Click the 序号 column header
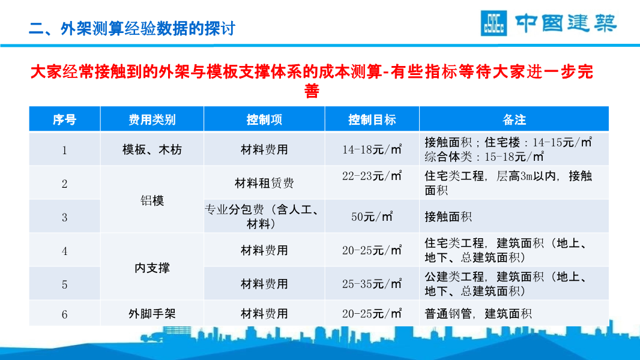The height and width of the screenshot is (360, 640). [x=64, y=119]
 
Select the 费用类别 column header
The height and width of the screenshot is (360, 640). [x=152, y=119]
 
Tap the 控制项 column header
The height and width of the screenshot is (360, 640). [x=264, y=119]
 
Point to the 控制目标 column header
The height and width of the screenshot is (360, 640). [x=372, y=119]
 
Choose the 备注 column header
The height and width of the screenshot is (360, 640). [x=514, y=119]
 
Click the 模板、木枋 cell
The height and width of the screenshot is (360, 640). [x=152, y=149]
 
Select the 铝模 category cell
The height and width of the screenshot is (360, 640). [x=152, y=200]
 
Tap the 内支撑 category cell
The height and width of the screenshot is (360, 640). [x=152, y=268]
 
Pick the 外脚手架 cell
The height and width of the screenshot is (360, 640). [x=152, y=314]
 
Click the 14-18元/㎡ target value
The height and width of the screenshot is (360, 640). [x=372, y=149]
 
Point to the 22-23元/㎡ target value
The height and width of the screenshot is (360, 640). [x=372, y=176]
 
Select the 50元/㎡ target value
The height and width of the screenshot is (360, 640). [x=372, y=217]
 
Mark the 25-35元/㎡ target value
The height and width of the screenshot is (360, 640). [x=372, y=283]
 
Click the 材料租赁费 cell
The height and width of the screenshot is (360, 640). [x=264, y=183]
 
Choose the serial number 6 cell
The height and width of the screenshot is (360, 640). [x=64, y=314]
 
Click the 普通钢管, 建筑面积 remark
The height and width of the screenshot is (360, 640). [x=478, y=314]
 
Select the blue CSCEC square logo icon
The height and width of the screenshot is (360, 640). [x=494, y=23]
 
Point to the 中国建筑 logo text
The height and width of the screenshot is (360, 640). [x=566, y=23]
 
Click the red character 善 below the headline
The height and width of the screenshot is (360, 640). [x=312, y=91]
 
